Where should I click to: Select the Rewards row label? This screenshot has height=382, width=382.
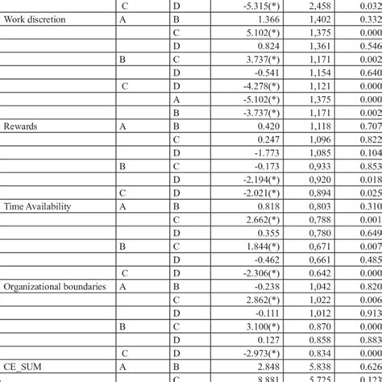point(23,127)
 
